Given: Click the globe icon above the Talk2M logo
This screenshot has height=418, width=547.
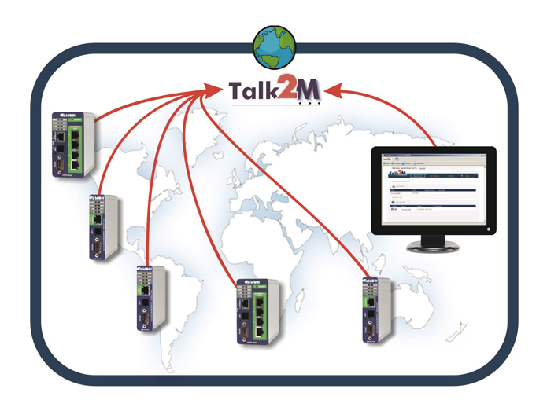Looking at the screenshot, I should click(x=274, y=46).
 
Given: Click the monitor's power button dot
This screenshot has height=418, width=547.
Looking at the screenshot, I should click(x=489, y=230).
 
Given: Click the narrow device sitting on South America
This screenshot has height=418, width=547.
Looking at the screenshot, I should click(x=148, y=298).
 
